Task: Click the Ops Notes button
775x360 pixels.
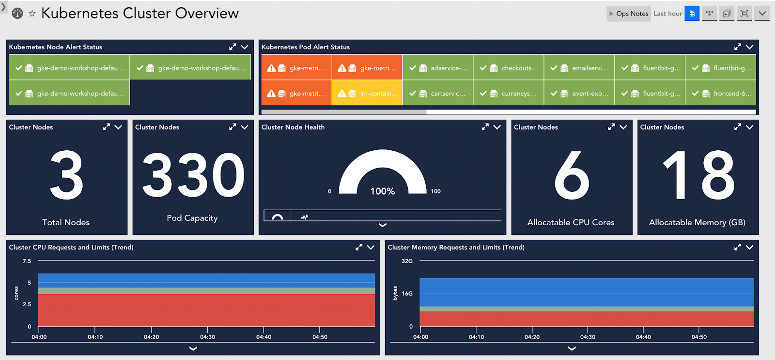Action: (x=629, y=14)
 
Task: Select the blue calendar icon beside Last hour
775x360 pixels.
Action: (x=692, y=14)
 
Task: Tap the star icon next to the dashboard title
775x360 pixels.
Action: (x=32, y=14)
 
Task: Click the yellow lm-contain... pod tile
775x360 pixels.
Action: (x=367, y=94)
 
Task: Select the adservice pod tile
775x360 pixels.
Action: (x=438, y=68)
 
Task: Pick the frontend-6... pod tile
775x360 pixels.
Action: (x=721, y=94)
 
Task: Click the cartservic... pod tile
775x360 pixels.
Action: (x=438, y=94)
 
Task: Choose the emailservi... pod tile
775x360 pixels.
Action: (x=579, y=68)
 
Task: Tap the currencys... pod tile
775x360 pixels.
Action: (x=509, y=94)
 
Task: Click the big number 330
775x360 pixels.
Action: (x=193, y=175)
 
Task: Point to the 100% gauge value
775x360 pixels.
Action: (x=382, y=191)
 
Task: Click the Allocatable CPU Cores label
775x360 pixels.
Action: (x=571, y=222)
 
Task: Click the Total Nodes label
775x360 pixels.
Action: (x=66, y=222)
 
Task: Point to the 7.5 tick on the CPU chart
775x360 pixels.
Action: (x=27, y=261)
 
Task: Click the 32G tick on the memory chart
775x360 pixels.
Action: (x=407, y=261)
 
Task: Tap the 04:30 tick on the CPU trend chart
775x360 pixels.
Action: (x=207, y=337)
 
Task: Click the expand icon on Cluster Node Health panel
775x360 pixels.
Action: (x=485, y=127)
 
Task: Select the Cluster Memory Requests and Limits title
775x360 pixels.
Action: (x=456, y=247)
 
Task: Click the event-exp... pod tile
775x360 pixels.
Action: (x=579, y=94)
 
